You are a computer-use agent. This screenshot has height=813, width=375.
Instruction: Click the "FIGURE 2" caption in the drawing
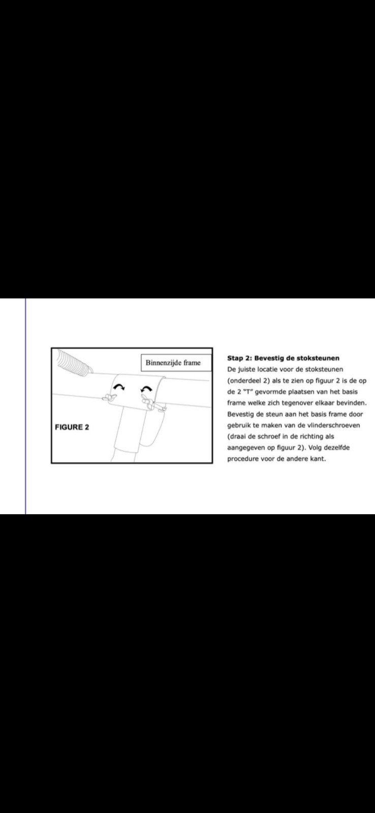(72, 427)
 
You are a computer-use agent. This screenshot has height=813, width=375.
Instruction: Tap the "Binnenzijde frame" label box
(176, 363)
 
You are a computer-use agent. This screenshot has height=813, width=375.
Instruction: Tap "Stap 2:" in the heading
(239, 358)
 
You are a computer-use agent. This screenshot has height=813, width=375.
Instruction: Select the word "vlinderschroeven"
(334, 425)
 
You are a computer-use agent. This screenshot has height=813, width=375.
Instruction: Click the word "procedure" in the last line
(243, 459)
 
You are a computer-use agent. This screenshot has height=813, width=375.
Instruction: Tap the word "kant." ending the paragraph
(318, 459)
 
